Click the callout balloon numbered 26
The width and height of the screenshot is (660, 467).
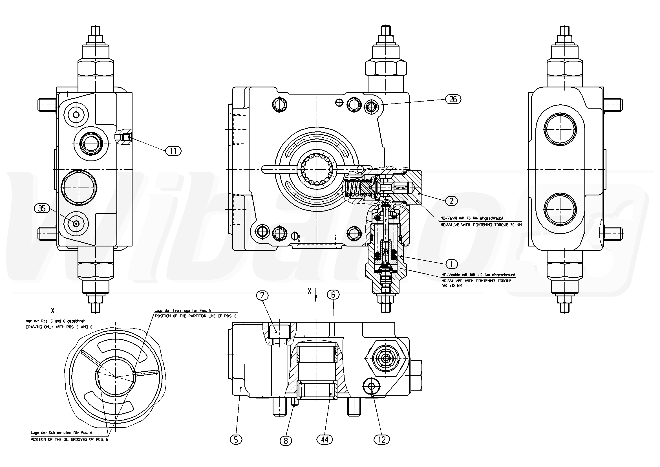[x=453, y=99]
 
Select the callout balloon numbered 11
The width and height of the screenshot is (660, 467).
[x=173, y=151]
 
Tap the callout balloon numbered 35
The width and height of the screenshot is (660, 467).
[x=42, y=208]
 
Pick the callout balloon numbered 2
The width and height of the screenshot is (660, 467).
[x=451, y=201]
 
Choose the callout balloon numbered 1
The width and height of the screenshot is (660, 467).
[x=451, y=263]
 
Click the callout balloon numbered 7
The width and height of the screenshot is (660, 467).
[x=264, y=295]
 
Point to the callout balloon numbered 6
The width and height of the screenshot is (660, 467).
[x=333, y=294]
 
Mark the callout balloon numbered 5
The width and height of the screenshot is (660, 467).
[x=236, y=439]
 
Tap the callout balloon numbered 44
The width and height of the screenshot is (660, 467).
[x=325, y=439]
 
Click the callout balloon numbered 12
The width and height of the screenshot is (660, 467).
[x=382, y=439]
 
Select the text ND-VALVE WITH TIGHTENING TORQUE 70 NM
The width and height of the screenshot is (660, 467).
[x=481, y=225]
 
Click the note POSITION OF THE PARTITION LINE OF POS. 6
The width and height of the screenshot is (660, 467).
[x=196, y=316]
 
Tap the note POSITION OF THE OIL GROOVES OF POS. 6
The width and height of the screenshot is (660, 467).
[x=69, y=440]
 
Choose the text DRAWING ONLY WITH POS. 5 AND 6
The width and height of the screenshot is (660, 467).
[x=59, y=327]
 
